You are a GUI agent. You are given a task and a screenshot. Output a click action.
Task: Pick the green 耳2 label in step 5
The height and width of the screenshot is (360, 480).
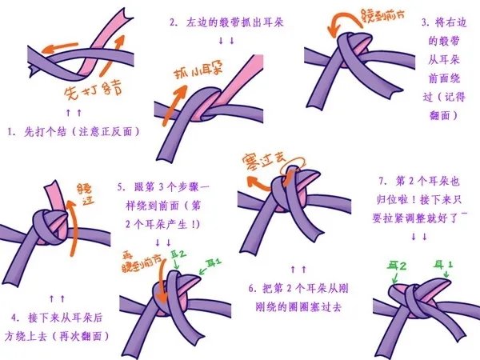coord(179,254)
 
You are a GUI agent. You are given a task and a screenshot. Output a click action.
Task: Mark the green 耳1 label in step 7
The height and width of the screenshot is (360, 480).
coord(442,262)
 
